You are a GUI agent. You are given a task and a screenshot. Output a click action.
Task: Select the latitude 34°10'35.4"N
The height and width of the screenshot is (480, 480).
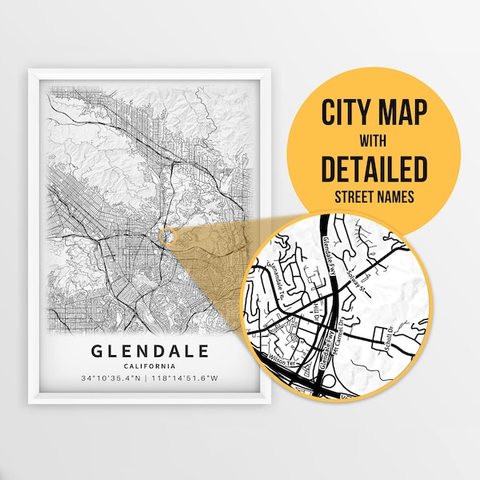click(x=111, y=378)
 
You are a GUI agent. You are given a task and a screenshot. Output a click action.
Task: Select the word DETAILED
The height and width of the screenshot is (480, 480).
click(x=374, y=170)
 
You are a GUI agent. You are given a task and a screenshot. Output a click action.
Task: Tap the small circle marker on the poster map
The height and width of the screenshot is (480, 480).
click(x=166, y=234)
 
